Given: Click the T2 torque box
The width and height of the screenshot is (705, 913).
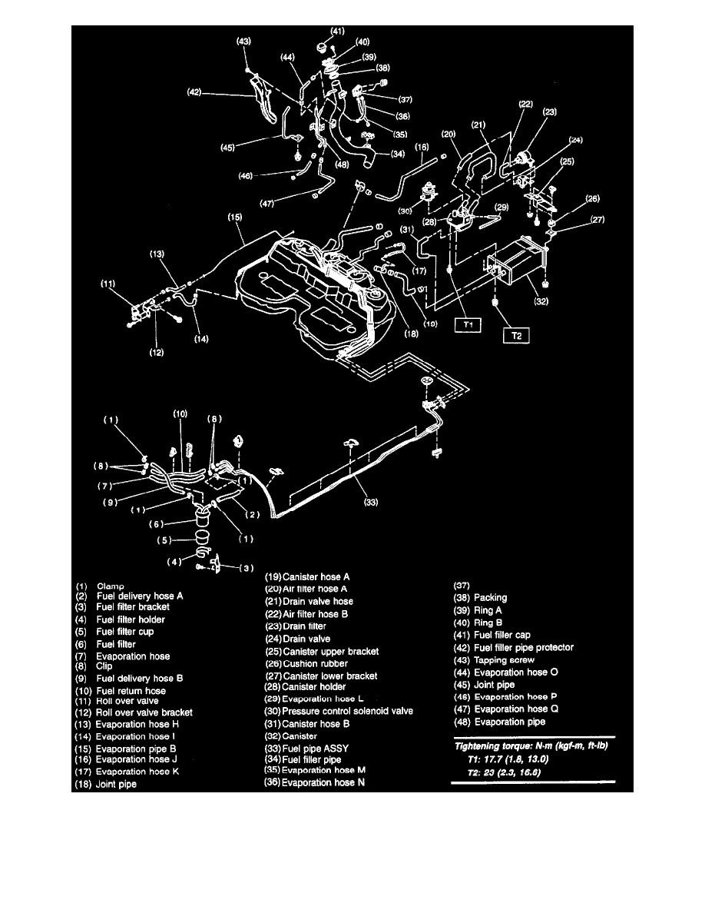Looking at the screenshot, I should (515, 336).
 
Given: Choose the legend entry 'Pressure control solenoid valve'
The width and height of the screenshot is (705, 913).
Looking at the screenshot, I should (348, 712).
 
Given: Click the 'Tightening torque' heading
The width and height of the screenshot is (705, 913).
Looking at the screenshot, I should (529, 747).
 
